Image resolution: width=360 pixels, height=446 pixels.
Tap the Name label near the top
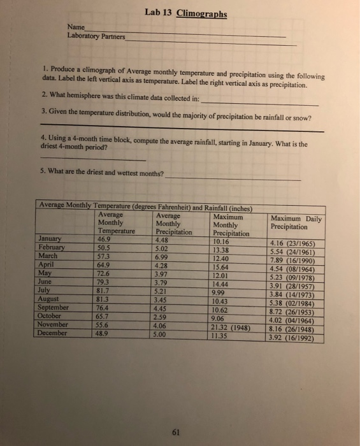76,27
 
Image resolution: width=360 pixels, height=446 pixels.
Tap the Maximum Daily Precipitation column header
296,222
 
